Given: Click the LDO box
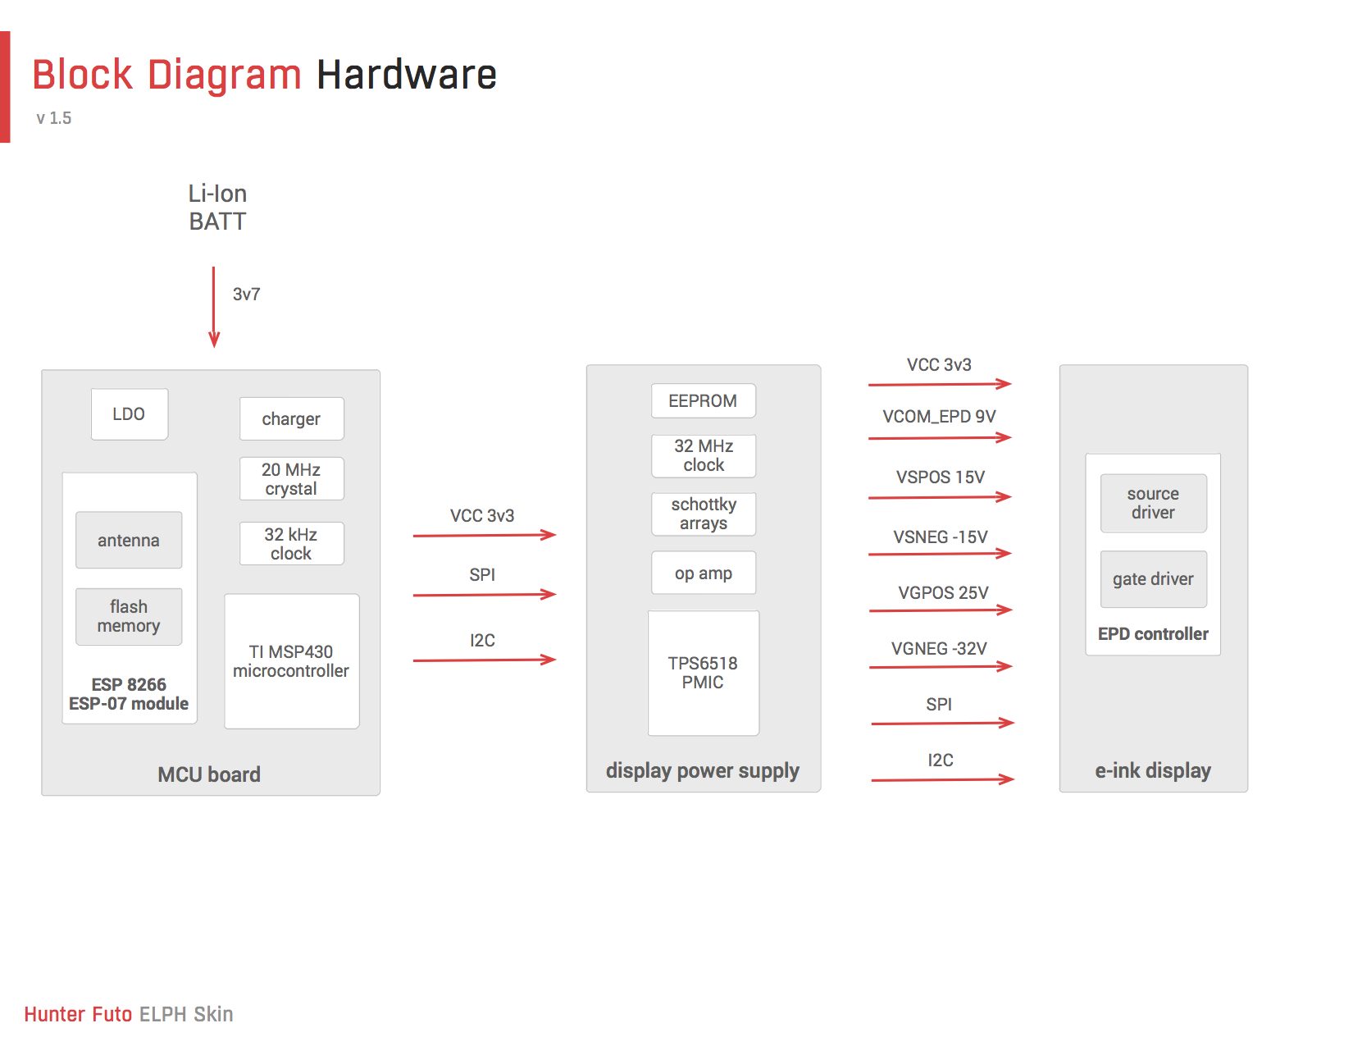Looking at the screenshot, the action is point(130,414).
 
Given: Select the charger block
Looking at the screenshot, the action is point(291,418).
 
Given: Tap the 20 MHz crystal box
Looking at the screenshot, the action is point(291,478).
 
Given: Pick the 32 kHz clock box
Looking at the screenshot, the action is point(291,543).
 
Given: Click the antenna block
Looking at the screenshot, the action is point(129,540).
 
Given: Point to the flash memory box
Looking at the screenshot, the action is point(129,616).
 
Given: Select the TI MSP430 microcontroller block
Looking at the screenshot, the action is point(291,661).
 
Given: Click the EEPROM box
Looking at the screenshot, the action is point(704,400).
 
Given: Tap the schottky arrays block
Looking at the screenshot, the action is point(704,514).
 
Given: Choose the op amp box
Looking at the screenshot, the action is point(704,573).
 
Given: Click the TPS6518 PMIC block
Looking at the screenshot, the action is point(704,673).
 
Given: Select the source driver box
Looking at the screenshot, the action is point(1153,504).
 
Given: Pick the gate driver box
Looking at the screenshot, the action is point(1153,578).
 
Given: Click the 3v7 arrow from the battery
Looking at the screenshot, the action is point(213,307).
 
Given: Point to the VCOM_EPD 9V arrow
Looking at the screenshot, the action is point(940,438).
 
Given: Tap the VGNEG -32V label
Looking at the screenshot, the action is point(939,649).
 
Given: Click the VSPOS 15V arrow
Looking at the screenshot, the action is point(940,497).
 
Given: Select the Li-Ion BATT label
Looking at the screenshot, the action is point(218,208).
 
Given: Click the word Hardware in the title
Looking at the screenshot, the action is point(407,75).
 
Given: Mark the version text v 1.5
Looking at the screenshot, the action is point(54,118).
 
